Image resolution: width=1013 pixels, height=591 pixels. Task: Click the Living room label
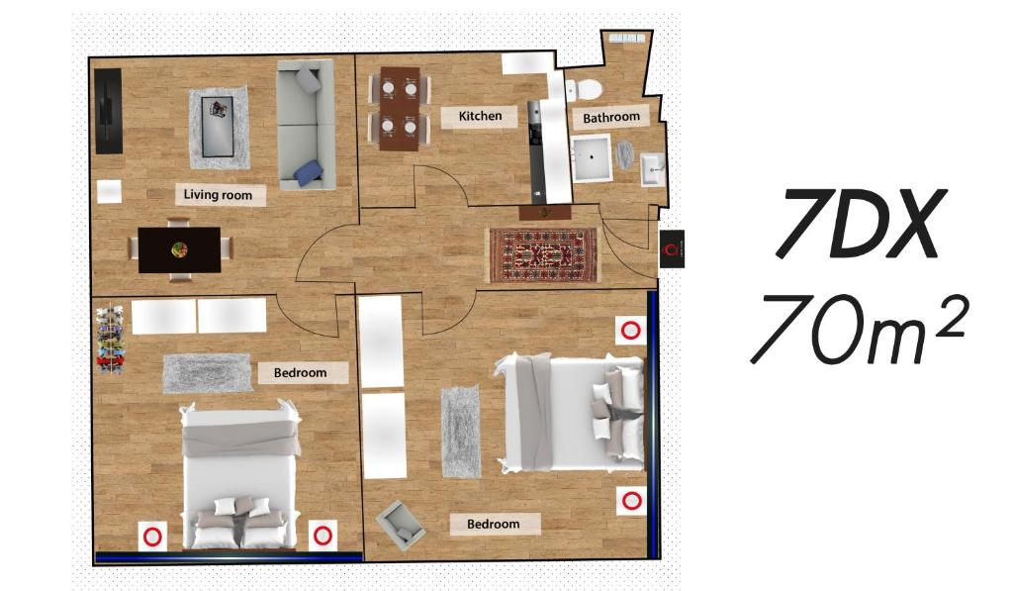click(x=218, y=195)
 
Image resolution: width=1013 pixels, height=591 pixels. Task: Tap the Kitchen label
click(x=480, y=117)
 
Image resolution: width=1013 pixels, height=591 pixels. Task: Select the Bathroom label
click(x=611, y=117)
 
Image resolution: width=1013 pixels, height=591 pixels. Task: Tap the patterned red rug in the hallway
click(x=543, y=254)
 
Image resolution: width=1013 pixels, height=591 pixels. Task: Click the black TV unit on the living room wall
click(x=108, y=111)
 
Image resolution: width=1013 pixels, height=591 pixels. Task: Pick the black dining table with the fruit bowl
click(x=180, y=249)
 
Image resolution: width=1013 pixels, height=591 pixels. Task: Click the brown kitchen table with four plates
click(x=400, y=109)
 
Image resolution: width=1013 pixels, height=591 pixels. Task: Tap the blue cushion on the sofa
click(x=309, y=172)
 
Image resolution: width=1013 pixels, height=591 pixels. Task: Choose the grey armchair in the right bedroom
click(x=401, y=523)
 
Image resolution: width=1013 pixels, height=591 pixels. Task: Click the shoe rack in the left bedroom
click(x=111, y=339)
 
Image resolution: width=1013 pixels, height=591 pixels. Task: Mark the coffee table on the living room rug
click(x=218, y=127)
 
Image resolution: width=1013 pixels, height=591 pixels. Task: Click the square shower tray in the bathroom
click(x=592, y=157)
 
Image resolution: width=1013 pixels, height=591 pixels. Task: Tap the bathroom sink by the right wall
click(x=652, y=169)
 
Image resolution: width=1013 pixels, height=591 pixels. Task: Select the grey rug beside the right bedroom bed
click(x=461, y=432)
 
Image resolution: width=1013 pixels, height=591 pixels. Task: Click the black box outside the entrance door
click(x=672, y=248)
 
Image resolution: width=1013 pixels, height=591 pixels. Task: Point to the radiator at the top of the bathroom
click(x=626, y=39)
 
